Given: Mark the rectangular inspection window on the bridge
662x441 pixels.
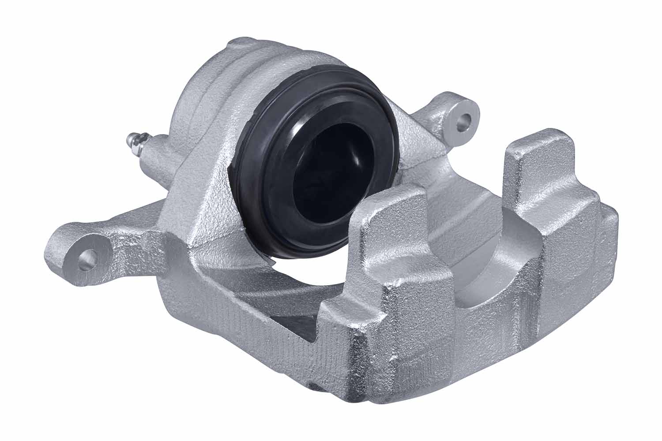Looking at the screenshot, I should coord(293,320).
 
